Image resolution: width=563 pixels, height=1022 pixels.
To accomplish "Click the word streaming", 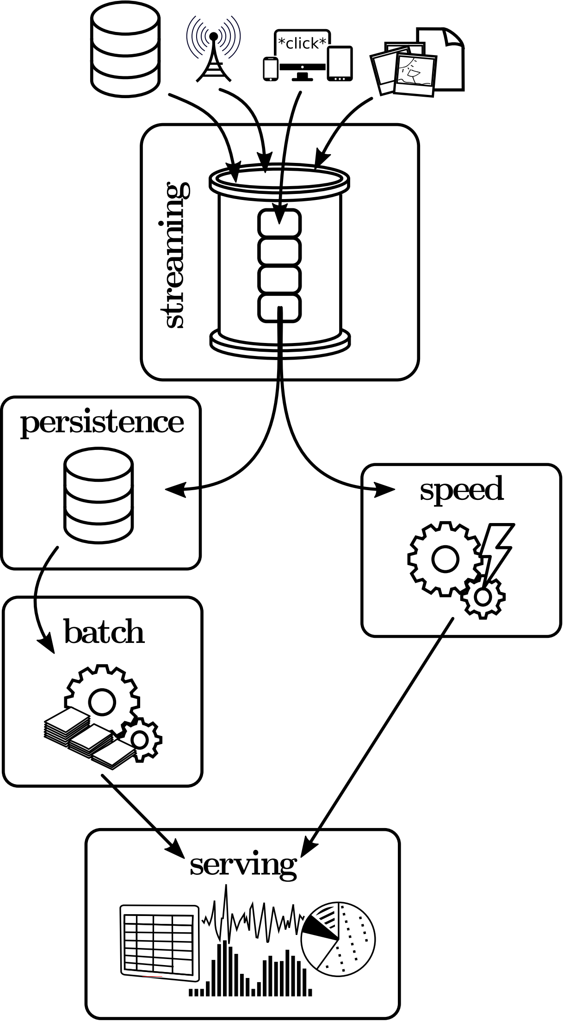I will coord(175,255).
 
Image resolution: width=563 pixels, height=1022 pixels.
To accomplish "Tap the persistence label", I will coord(102,423).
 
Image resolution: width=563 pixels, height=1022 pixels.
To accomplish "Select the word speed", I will coord(461,491).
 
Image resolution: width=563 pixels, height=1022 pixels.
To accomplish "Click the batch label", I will coord(104,632).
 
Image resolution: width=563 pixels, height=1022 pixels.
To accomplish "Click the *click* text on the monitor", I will coord(302,44).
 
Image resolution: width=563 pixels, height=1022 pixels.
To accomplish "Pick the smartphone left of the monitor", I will coord(270,69).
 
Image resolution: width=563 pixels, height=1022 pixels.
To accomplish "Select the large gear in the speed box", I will coord(444,559).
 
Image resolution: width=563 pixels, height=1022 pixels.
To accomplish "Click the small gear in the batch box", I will coord(140,739).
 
